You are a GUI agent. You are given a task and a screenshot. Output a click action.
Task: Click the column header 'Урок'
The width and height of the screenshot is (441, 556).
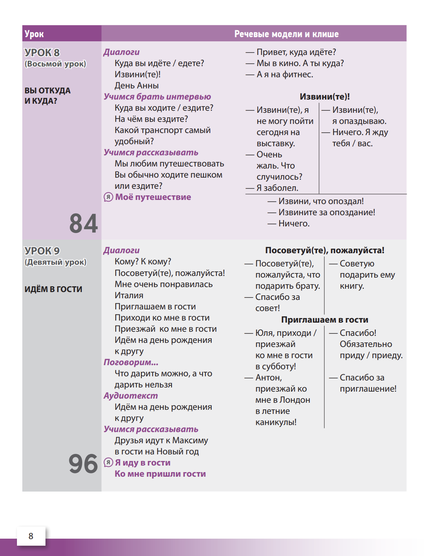click(34, 34)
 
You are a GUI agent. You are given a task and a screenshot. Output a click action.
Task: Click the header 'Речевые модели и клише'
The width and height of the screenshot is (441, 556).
click(286, 34)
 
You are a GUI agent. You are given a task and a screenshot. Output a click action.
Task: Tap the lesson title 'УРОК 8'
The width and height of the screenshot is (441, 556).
click(42, 52)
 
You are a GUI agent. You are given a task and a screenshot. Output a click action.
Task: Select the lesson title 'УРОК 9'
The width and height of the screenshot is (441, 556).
click(42, 251)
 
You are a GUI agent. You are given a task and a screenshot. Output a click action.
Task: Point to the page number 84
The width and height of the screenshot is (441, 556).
click(83, 223)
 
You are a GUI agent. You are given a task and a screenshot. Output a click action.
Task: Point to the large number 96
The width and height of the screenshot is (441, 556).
click(83, 463)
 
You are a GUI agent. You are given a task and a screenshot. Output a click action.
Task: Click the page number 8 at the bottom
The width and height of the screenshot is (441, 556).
click(31, 536)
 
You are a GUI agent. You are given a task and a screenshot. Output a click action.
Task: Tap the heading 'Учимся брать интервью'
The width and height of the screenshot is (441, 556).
click(157, 97)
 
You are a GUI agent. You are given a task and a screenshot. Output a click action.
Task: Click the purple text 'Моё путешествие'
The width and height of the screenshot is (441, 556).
click(153, 197)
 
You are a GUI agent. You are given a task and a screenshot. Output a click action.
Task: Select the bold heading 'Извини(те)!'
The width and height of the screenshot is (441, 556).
click(324, 97)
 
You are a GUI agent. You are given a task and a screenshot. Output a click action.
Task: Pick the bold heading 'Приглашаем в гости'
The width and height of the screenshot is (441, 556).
click(324, 320)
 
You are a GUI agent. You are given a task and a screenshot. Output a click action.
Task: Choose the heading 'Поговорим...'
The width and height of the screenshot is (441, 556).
click(131, 362)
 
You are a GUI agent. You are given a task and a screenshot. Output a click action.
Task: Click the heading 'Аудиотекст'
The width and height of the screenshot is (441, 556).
click(131, 396)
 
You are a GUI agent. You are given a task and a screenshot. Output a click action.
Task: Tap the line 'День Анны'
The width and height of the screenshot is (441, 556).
click(136, 86)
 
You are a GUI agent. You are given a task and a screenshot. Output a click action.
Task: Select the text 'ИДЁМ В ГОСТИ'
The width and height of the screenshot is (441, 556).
click(53, 289)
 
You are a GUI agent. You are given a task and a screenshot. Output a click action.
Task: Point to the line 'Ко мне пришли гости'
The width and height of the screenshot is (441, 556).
click(160, 474)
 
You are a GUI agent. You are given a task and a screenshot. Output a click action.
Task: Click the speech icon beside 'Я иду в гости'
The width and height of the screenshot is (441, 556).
click(108, 462)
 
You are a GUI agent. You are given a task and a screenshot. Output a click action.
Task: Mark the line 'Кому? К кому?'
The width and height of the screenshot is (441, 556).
click(143, 261)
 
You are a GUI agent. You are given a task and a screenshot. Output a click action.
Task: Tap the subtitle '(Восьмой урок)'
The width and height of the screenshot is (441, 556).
click(55, 64)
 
